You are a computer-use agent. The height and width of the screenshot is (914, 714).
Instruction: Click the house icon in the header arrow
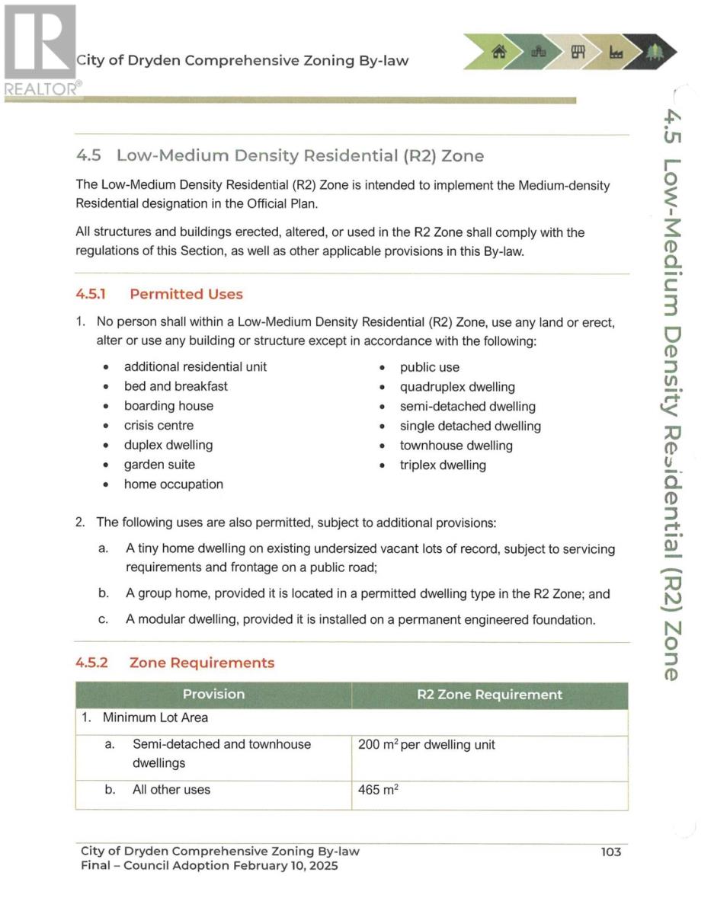pos(500,52)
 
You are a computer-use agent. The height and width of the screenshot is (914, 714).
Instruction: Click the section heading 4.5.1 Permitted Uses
pos(159,294)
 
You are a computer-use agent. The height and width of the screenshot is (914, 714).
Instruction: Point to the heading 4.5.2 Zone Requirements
pos(174,663)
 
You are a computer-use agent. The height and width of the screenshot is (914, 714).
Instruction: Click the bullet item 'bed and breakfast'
pos(176,386)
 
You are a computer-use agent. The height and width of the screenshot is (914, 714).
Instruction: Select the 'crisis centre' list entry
pos(158,426)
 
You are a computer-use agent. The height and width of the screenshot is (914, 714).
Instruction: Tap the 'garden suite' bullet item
pos(159,465)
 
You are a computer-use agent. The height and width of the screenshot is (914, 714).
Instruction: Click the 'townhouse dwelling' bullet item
pos(456,446)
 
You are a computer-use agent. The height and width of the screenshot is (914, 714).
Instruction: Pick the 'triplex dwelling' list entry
pos(443,465)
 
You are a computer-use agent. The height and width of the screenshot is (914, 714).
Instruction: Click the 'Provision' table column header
pos(213,695)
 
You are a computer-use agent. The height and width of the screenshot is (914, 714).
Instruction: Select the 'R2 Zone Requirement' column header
pos(489,695)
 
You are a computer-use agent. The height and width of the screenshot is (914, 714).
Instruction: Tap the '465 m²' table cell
pos(379,791)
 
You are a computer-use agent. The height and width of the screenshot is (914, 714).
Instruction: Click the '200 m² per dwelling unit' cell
pos(427,745)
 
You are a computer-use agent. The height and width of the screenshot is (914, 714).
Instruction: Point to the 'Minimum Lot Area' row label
pos(155,717)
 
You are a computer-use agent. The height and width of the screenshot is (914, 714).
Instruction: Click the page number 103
pos(611,852)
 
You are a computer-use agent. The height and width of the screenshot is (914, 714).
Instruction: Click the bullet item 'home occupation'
pos(174,484)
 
